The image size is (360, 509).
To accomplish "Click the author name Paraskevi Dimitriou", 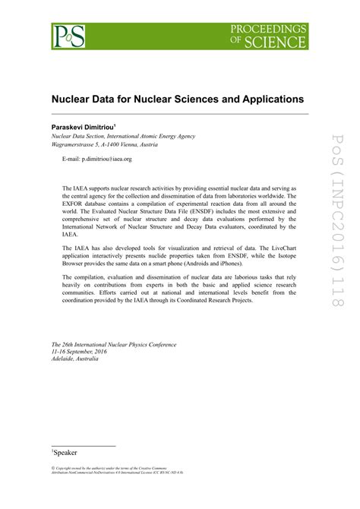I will coord(82,126).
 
